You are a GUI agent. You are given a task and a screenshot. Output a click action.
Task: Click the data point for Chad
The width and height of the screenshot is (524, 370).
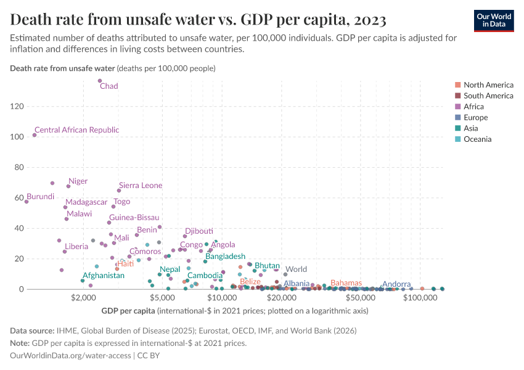100,81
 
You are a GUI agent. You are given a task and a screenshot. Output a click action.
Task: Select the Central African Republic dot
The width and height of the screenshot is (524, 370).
35,135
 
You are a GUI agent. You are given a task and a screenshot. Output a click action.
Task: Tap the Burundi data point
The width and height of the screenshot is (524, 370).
27,202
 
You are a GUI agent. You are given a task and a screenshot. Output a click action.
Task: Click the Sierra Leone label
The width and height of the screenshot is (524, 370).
141,186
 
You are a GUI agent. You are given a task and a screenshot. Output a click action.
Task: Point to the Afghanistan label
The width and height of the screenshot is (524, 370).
104,276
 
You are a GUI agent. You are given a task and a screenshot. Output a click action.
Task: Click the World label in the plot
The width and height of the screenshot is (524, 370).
296,269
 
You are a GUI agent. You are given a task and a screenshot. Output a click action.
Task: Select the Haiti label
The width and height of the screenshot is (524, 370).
125,264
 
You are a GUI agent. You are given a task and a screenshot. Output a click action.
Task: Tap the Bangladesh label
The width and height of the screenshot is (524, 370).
225,256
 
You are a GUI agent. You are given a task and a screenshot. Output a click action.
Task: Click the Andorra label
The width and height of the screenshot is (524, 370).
396,284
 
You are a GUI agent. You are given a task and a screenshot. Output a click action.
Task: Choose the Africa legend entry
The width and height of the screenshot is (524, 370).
473,107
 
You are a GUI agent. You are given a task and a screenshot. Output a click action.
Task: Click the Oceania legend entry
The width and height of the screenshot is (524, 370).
477,139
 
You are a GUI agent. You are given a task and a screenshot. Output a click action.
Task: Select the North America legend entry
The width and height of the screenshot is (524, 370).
488,85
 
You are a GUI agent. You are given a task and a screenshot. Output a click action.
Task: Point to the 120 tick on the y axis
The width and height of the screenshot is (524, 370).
16,107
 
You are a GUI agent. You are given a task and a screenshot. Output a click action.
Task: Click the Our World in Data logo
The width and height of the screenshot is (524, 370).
493,20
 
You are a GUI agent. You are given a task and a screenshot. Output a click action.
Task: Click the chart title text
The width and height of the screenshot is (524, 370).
198,20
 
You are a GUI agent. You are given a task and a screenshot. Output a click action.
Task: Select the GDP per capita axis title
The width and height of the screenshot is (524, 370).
129,311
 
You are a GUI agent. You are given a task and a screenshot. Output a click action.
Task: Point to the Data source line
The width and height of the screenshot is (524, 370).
183,331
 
